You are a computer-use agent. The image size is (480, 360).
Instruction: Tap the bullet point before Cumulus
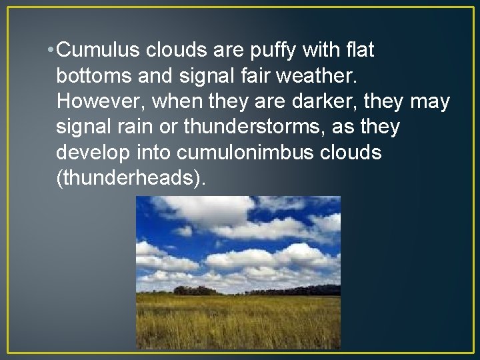pyautogui.click(x=51, y=51)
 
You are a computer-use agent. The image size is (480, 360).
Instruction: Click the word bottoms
pyautogui.click(x=97, y=75)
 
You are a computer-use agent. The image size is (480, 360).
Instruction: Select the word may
pyautogui.click(x=430, y=101)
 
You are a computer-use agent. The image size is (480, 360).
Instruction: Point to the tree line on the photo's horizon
pyautogui.click(x=193, y=291)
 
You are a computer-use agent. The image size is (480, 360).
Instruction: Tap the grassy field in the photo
pyautogui.click(x=238, y=323)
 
